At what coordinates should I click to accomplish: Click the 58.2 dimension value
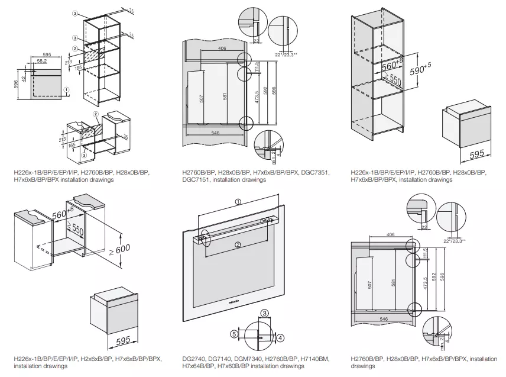[x=41, y=60]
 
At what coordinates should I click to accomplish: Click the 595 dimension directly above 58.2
[x=47, y=54]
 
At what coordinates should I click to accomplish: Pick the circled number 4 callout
[x=280, y=337]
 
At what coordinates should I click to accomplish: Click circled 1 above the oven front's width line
[x=237, y=201]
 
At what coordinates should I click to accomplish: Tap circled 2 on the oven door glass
[x=237, y=244]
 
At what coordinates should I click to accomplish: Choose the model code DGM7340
[x=252, y=359]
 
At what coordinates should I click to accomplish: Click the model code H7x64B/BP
[x=200, y=366]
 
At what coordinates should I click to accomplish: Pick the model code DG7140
[x=222, y=359]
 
